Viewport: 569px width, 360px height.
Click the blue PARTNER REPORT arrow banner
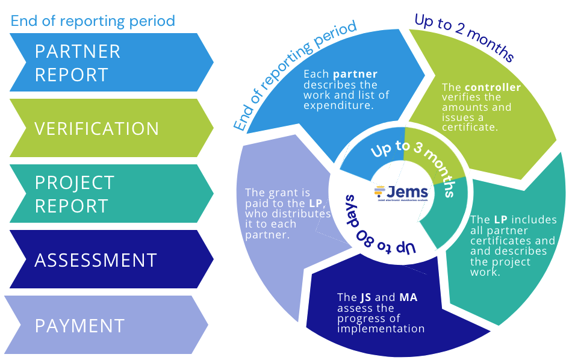[x=111, y=63]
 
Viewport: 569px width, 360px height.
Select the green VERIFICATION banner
[x=111, y=128]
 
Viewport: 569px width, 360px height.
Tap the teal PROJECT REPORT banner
[x=111, y=194]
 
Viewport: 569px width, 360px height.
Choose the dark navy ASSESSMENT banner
[x=111, y=259]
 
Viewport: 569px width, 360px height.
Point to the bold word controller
[x=493, y=88]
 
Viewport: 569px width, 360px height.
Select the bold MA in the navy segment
[x=409, y=297]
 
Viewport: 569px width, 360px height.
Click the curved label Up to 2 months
[x=464, y=37]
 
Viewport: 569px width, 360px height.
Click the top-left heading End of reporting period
[x=93, y=21]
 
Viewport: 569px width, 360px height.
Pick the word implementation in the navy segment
[x=381, y=329]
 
